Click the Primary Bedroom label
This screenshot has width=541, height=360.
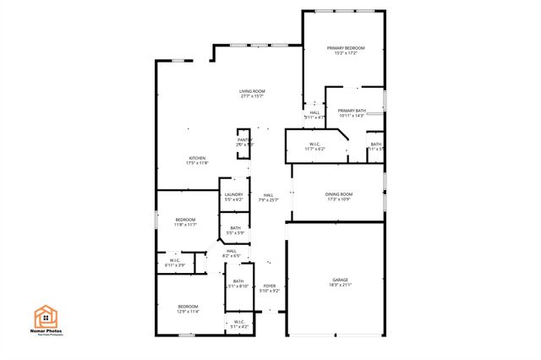(346, 48)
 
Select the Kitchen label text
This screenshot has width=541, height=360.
(198, 158)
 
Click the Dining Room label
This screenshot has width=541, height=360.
(338, 194)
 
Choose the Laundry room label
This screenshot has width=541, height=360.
(233, 194)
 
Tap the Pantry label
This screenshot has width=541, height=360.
(244, 140)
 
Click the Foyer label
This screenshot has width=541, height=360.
(270, 286)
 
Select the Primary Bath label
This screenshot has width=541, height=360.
(352, 111)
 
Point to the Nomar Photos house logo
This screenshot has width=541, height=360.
(46, 316)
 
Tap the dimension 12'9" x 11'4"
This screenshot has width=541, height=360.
(188, 311)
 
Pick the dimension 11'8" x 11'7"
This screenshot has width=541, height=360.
(185, 225)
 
